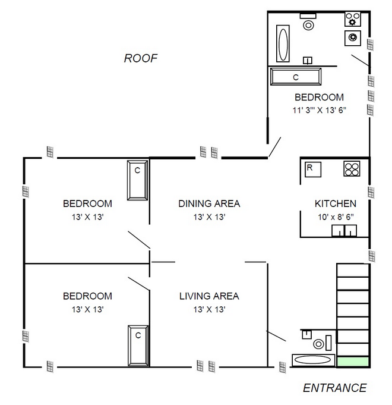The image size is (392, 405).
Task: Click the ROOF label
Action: [141, 58]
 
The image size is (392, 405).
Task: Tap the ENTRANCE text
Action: [335, 388]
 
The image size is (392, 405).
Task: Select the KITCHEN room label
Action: [336, 203]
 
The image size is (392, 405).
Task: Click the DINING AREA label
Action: [209, 203]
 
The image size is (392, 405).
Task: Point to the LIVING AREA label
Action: [209, 296]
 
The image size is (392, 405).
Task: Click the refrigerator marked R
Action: [313, 169]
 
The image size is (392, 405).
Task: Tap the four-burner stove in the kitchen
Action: [352, 169]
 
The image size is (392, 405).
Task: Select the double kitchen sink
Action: [344, 230]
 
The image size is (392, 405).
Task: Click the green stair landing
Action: [353, 362]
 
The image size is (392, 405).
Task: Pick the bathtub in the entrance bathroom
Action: [313, 360]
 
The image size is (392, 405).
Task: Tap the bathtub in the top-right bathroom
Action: [283, 43]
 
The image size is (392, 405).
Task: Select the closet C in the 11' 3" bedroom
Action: [296, 77]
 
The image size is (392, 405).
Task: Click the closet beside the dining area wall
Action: [137, 180]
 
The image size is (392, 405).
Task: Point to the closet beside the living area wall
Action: [138, 346]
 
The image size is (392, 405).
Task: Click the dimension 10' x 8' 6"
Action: [336, 217]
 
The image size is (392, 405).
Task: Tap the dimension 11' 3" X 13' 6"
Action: [320, 110]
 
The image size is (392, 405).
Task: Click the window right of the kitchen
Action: [371, 193]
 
